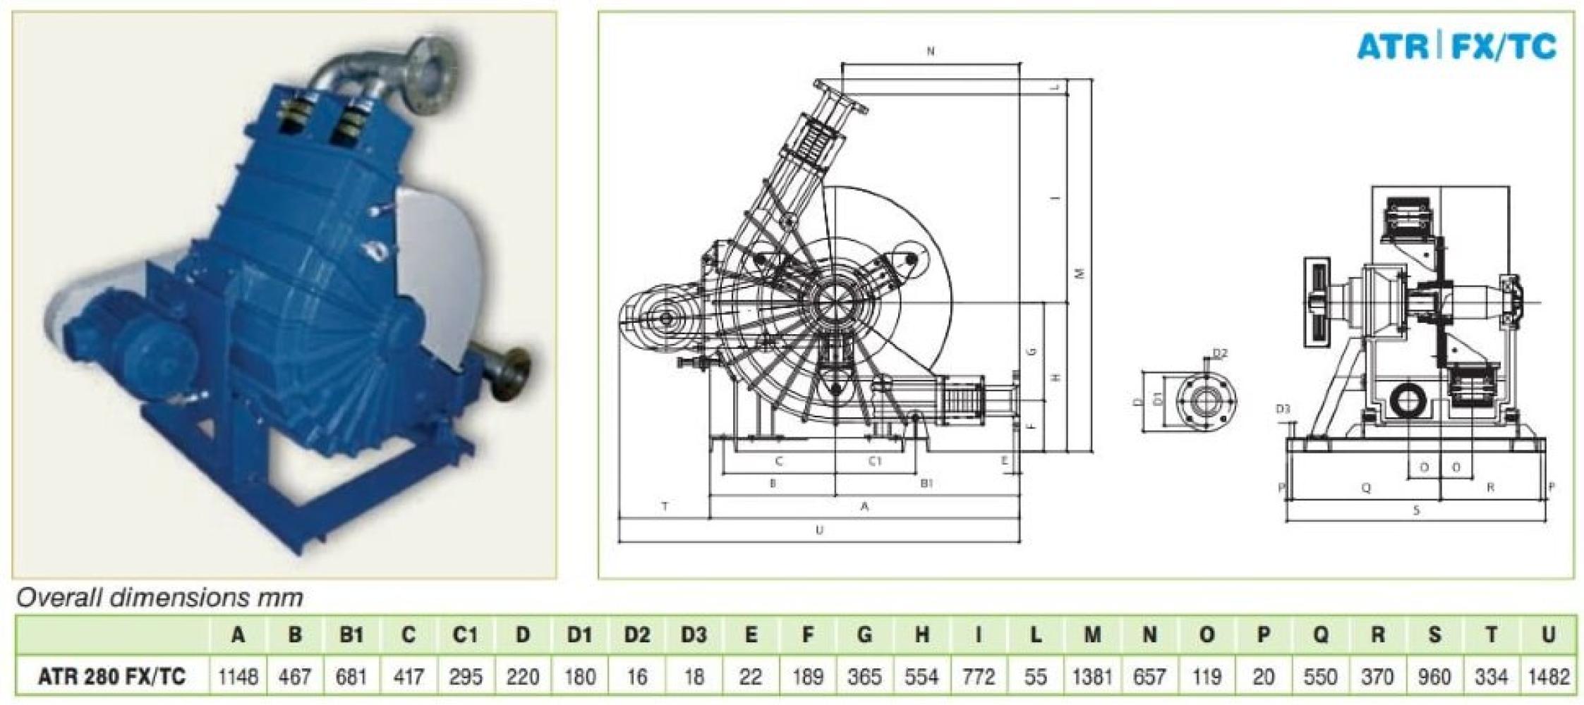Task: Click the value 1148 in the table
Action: (238, 678)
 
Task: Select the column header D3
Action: (693, 635)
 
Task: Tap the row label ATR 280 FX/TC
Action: (112, 678)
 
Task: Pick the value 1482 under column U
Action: (1548, 678)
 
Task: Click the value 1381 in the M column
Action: (1092, 678)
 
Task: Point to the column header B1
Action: (351, 635)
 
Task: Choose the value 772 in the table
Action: (979, 678)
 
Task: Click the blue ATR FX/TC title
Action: (1456, 47)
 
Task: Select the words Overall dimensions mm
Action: (160, 598)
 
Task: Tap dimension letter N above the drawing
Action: (931, 51)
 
